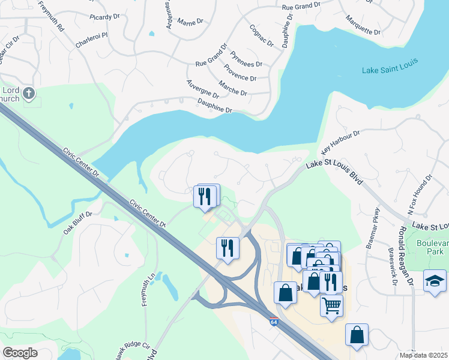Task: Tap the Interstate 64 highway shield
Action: click(274, 322)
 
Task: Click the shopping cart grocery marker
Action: click(331, 305)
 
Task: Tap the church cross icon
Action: click(29, 93)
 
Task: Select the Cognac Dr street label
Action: click(262, 35)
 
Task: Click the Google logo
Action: click(20, 353)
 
